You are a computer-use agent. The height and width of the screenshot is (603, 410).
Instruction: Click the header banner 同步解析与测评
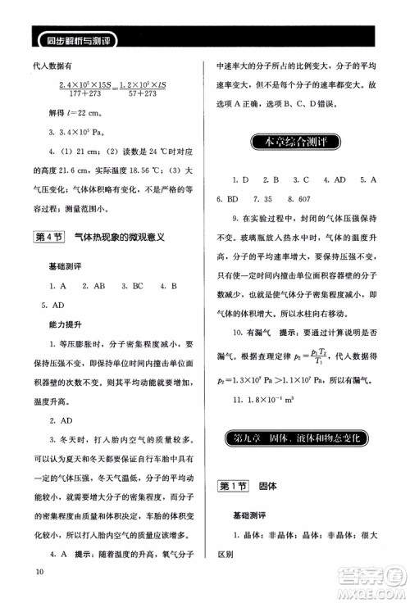79,38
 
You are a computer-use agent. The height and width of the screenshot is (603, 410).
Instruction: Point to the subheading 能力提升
68,326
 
